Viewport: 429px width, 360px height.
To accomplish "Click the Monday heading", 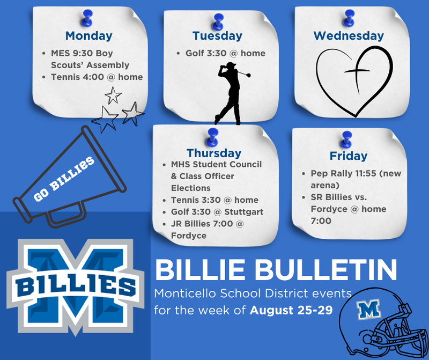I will pos(88,36).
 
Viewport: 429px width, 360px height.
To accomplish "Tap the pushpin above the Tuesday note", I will pos(218,21).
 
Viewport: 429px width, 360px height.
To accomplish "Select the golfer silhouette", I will pos(230,94).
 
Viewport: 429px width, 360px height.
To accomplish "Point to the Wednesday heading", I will pos(349,36).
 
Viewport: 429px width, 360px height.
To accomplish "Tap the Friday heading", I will pos(349,156).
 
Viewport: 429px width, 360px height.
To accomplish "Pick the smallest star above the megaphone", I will pos(113,95).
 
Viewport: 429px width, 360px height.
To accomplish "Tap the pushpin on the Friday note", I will pos(346,139).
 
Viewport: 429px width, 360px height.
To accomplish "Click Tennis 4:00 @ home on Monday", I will pos(97,77).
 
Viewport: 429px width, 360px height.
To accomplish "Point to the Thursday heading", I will pos(214,153).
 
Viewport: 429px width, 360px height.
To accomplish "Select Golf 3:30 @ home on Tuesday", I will pos(225,54).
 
